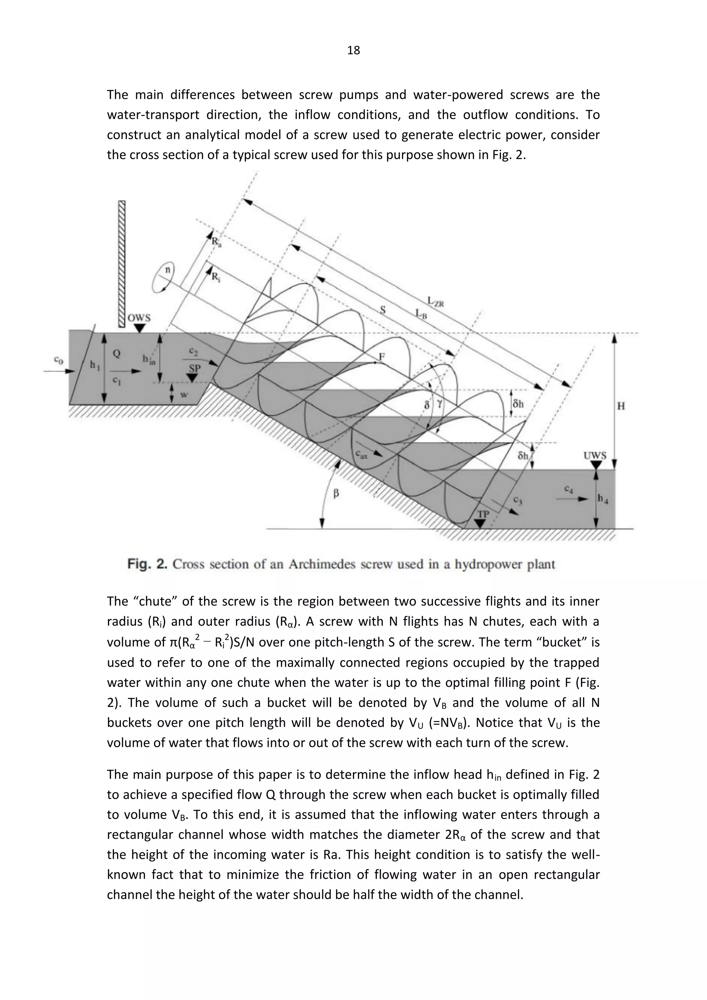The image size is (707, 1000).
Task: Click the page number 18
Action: [x=353, y=50]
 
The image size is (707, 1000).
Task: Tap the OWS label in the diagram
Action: [x=139, y=318]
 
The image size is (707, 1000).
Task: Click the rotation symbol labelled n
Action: [x=167, y=270]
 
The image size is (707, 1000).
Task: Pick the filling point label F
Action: [x=382, y=357]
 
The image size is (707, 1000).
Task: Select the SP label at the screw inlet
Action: [x=195, y=368]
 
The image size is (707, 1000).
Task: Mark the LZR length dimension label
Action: [x=435, y=301]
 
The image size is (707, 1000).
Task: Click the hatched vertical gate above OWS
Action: [x=122, y=263]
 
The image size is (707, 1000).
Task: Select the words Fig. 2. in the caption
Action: [x=147, y=565]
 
